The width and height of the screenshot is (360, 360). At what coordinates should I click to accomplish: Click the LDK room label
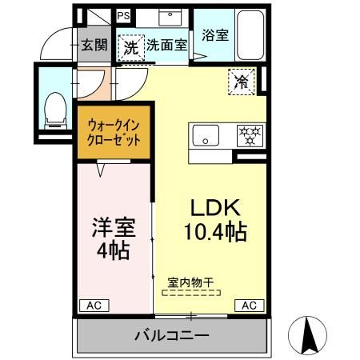point(214,206)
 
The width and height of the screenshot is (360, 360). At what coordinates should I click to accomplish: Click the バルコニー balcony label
point(170,334)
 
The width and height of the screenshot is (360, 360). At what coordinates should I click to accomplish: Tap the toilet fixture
point(55,109)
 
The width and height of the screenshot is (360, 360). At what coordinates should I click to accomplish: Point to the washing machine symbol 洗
point(130,46)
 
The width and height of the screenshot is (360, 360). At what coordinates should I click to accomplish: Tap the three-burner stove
point(248,134)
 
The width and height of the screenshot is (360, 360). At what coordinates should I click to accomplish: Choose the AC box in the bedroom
point(93,305)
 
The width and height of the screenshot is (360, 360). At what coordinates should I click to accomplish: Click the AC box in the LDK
point(249,305)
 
